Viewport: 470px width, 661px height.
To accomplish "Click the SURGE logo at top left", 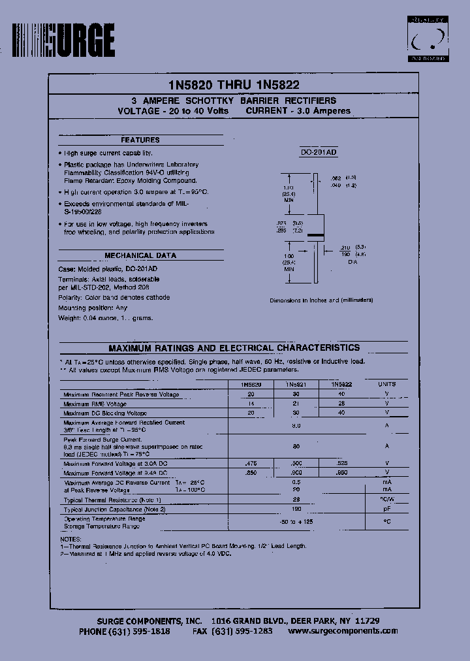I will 63,41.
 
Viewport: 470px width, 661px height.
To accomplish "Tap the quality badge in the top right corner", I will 428,40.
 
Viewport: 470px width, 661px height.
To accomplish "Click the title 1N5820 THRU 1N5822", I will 234,85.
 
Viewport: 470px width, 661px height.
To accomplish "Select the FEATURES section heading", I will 140,140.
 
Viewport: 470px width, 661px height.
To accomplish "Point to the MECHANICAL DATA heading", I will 140,255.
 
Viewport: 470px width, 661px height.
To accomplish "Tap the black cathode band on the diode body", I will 316,234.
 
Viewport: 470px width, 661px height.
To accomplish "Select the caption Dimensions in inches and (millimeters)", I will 321,300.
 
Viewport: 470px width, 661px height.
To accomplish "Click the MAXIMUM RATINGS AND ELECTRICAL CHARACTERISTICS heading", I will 234,348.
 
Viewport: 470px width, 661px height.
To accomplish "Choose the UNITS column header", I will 387,385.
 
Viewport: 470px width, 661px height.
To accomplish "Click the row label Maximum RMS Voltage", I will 95,404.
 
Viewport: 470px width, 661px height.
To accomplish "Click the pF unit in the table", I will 387,508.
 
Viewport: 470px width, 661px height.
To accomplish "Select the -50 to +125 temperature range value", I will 297,523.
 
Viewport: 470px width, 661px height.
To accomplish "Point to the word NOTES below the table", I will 70,539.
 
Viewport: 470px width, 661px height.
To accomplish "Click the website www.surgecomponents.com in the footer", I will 343,631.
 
